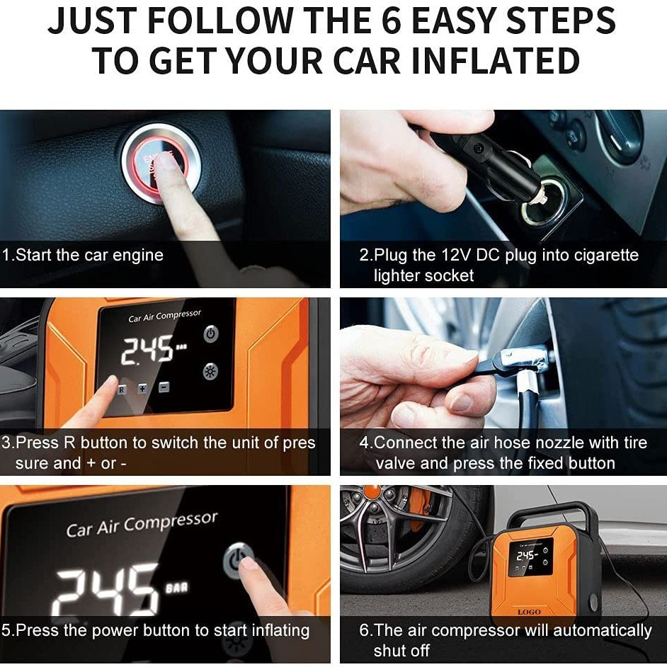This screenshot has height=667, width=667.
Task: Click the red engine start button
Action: click(x=160, y=164)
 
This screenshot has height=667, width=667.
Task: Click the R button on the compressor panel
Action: click(x=122, y=389)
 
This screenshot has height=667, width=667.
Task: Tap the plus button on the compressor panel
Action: click(x=142, y=388)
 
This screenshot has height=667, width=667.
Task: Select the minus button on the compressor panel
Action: click(x=164, y=387)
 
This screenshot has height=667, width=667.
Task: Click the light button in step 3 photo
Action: click(x=210, y=371)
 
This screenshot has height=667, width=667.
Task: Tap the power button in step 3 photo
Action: click(x=211, y=334)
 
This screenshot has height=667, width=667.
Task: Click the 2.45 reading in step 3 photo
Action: click(x=147, y=350)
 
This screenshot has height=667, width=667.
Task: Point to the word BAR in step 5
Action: click(x=176, y=588)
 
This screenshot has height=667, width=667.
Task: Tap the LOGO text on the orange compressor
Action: click(x=529, y=612)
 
